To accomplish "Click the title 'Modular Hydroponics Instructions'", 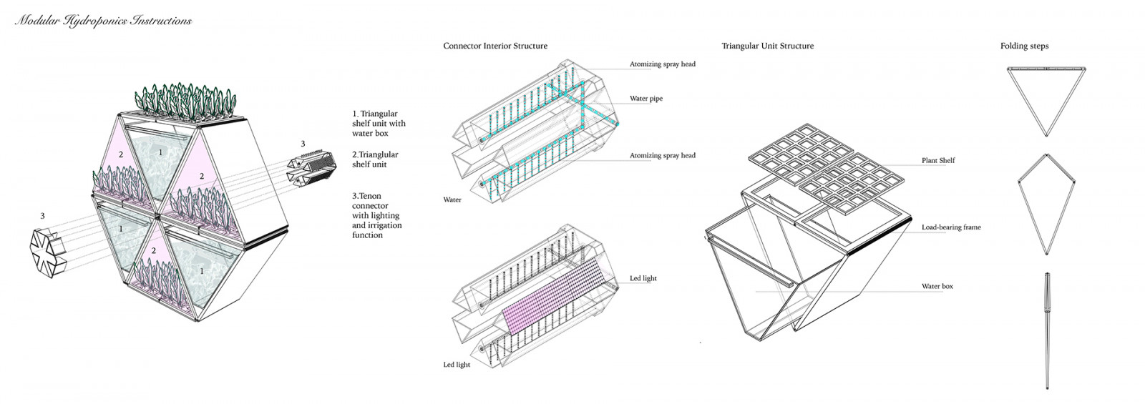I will [x=103, y=21].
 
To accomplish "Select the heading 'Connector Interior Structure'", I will [x=495, y=46].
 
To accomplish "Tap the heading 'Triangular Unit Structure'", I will [x=767, y=46].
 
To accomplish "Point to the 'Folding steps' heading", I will [x=1024, y=46].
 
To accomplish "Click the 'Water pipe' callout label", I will [x=645, y=99].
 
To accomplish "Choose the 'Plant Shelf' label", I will [x=938, y=160].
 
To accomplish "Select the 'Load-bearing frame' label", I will [x=951, y=227].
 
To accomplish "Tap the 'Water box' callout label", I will [x=937, y=287].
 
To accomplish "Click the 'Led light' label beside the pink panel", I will [x=643, y=278].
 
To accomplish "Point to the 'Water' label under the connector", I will [x=452, y=199].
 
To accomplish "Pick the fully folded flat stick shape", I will [x=1047, y=329].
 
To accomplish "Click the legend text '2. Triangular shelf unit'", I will [x=375, y=159].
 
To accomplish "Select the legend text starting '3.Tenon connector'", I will [x=376, y=215].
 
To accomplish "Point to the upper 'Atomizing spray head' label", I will [x=662, y=64].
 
